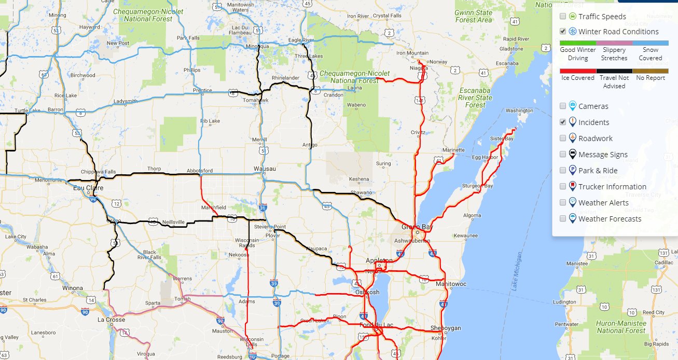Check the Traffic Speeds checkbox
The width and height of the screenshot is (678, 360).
(x=563, y=17)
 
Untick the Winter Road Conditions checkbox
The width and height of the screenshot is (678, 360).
(x=563, y=32)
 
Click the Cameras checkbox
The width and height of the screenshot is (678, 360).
(x=563, y=106)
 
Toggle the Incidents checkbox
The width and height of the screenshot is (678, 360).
(x=563, y=122)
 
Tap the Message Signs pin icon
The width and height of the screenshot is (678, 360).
(x=572, y=154)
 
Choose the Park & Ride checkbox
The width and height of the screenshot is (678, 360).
(x=563, y=171)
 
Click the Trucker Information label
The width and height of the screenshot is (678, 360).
(x=612, y=187)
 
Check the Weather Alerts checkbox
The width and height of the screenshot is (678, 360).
(x=563, y=203)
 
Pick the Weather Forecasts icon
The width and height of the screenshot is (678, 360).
(x=572, y=218)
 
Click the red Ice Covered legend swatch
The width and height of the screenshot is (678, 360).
(x=578, y=71)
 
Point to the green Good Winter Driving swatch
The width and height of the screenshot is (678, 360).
(x=578, y=43)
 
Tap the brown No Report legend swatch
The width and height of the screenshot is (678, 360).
(x=650, y=71)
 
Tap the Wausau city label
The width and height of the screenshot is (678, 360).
(x=265, y=169)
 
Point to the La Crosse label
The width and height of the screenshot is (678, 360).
(x=112, y=320)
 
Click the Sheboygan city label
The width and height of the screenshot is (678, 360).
(x=446, y=328)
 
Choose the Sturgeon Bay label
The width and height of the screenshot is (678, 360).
(x=478, y=186)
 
